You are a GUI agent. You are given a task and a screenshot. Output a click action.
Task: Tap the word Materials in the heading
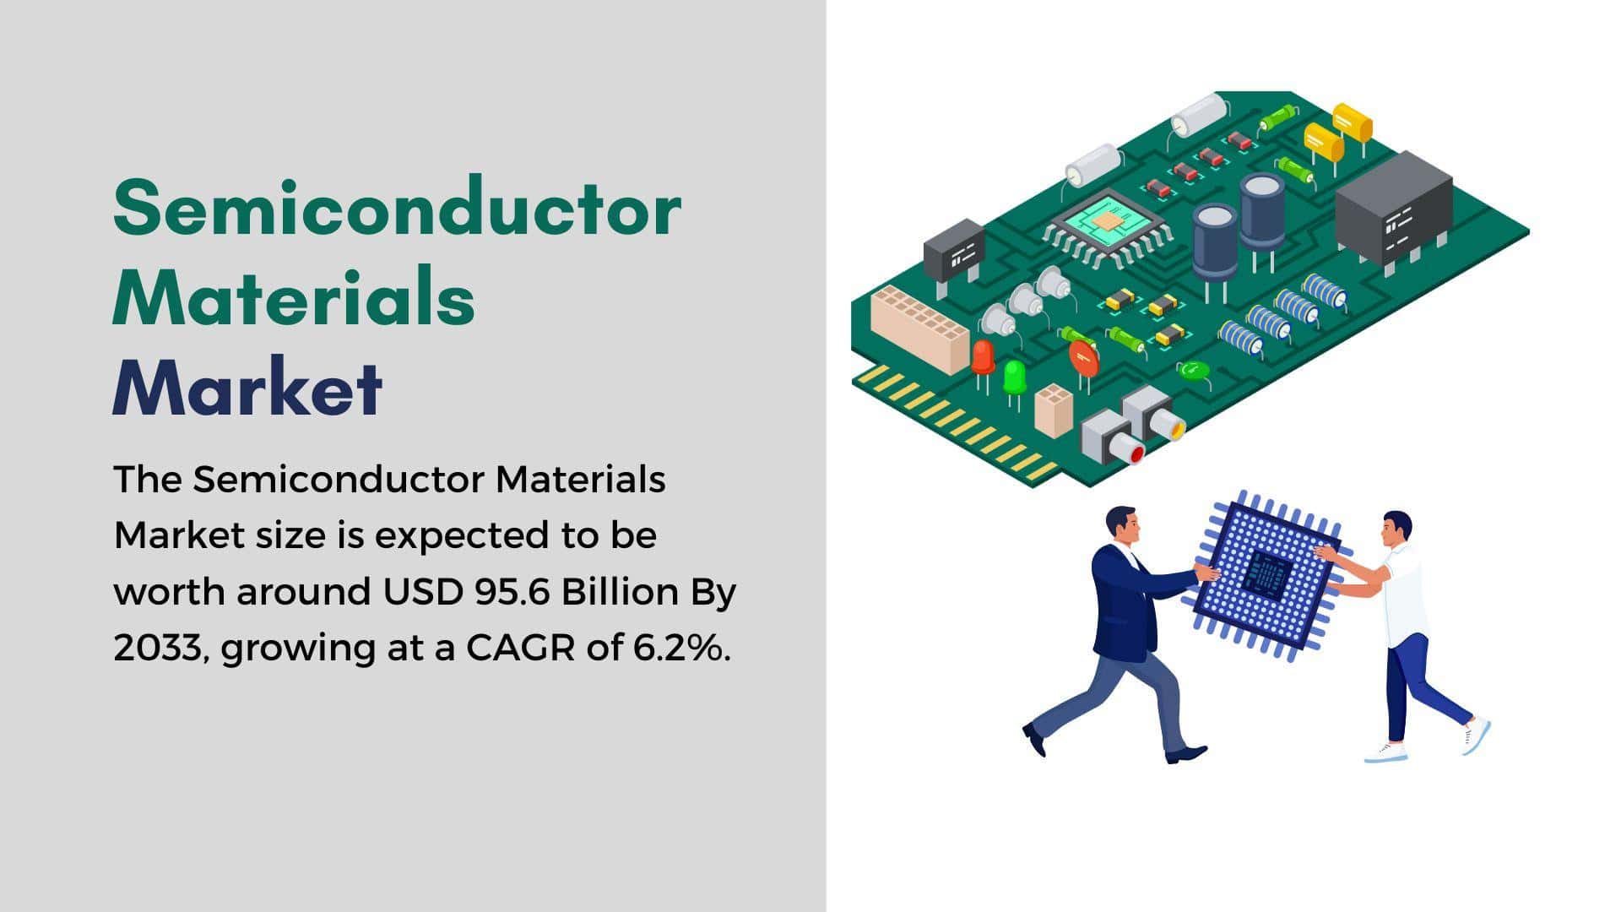click(x=294, y=297)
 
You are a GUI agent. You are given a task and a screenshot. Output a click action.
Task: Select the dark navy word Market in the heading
click(x=247, y=389)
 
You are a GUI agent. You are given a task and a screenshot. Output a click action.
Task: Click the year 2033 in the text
click(x=159, y=648)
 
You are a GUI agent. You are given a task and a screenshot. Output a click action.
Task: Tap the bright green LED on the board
click(x=1014, y=377)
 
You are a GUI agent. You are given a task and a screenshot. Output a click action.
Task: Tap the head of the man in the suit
click(x=1122, y=524)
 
